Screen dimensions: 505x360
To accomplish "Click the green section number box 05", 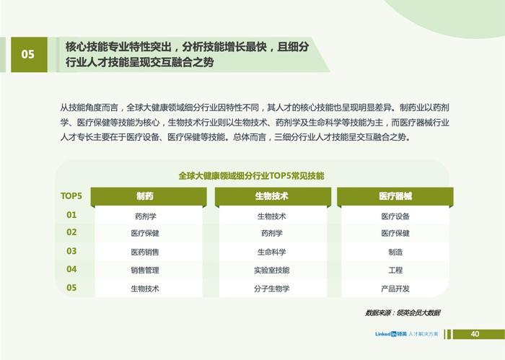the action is click(29, 54).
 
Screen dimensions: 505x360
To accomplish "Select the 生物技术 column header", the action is click(273, 196).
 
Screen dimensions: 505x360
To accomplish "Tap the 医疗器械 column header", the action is click(395, 196).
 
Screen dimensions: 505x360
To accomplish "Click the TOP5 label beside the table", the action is click(71, 196).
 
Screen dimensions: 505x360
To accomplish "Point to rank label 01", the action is click(71, 215).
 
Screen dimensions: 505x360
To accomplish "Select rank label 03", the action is click(71, 251).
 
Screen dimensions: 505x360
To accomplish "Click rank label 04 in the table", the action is click(71, 269).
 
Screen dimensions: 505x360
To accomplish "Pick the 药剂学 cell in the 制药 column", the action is click(146, 216).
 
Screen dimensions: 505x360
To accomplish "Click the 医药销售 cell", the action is click(145, 252).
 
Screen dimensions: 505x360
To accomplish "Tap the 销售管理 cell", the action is click(145, 270).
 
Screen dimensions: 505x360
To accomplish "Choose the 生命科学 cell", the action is click(271, 252).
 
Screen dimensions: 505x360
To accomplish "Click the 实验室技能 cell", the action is click(271, 270).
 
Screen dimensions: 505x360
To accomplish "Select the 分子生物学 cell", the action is click(271, 289).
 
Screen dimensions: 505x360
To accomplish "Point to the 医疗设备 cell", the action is click(395, 216).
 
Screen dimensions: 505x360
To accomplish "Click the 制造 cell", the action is click(395, 252).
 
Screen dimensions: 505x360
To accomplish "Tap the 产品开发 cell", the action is click(395, 289).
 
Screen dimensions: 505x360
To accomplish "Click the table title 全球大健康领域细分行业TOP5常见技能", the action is click(251, 176).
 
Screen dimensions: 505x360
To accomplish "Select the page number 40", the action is click(475, 334).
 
